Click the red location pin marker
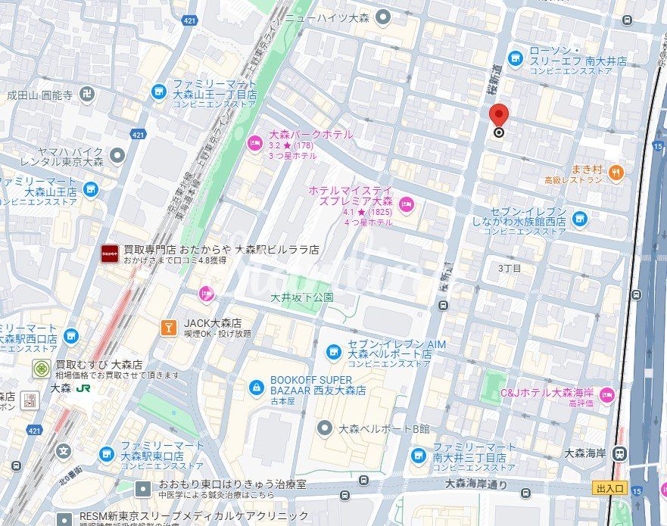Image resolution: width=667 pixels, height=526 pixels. click(x=499, y=117)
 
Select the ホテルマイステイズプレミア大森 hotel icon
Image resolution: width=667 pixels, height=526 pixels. click(x=407, y=203)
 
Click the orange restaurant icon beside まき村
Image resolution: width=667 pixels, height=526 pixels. click(x=617, y=173)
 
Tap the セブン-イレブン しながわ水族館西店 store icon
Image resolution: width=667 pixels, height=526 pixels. click(x=580, y=219)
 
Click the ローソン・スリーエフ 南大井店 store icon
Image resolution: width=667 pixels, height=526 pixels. click(x=516, y=58)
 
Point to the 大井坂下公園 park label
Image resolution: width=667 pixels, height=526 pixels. click(x=302, y=297)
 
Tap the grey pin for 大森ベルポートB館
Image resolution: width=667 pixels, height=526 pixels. click(x=325, y=428)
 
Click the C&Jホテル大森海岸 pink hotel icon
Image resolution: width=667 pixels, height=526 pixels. click(x=606, y=394)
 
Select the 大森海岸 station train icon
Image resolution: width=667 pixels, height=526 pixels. click(x=620, y=453)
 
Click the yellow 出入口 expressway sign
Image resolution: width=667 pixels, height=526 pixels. click(x=609, y=489)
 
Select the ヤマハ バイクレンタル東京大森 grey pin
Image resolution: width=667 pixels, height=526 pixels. click(x=117, y=156)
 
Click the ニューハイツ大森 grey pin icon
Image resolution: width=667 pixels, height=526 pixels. click(x=384, y=16)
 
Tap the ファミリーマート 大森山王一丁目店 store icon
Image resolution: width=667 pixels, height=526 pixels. click(x=159, y=92)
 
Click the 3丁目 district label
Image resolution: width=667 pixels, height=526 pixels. click(x=510, y=269)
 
